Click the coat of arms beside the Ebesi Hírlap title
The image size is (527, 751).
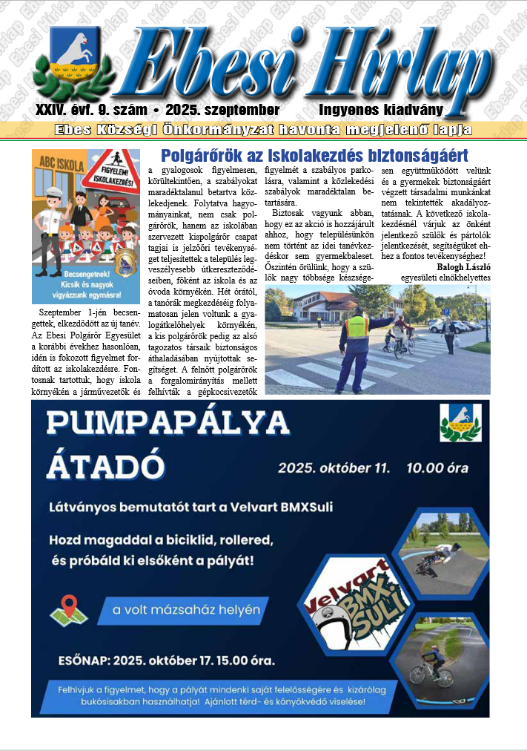pos(73,59)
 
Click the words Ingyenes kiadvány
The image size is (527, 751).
pos(381,110)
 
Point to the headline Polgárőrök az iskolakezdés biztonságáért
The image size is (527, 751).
pos(314,156)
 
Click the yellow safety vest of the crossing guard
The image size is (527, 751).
pos(357,326)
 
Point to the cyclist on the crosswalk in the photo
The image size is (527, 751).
pos(402,338)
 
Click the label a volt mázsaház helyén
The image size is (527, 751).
pos(186,611)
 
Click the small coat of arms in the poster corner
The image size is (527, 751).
pos(460,422)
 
